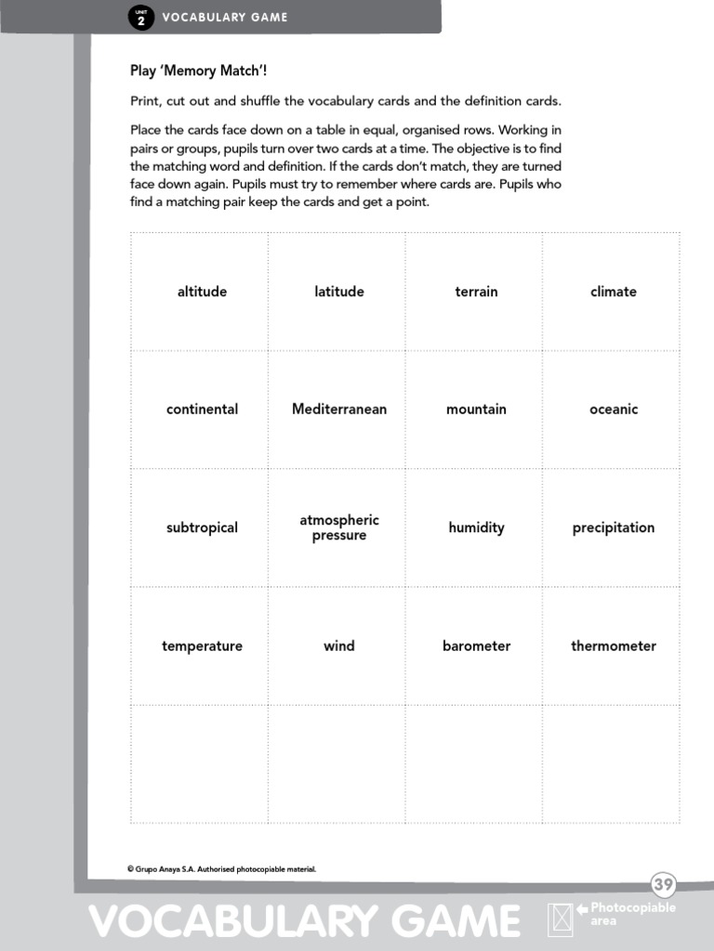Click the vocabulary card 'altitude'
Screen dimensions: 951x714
click(202, 292)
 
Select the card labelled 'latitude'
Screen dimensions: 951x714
click(339, 292)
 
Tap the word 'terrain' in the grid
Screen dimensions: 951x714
click(476, 292)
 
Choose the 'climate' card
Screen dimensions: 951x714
click(614, 292)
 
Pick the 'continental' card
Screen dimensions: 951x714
click(202, 410)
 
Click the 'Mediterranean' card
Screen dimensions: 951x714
click(339, 410)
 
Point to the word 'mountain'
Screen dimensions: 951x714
click(476, 410)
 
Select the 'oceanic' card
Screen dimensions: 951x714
click(614, 410)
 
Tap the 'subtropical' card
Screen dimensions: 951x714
click(202, 528)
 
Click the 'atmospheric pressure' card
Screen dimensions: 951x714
click(339, 528)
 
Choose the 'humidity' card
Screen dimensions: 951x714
click(476, 528)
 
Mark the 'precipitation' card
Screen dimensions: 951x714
click(614, 528)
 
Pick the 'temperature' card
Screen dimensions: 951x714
click(202, 646)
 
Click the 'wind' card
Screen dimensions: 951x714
click(339, 646)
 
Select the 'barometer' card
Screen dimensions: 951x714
click(476, 646)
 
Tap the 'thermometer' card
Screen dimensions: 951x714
click(614, 646)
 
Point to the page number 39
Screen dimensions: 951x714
click(663, 884)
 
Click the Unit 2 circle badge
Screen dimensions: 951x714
click(140, 18)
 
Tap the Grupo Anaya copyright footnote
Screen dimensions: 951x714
click(221, 869)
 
